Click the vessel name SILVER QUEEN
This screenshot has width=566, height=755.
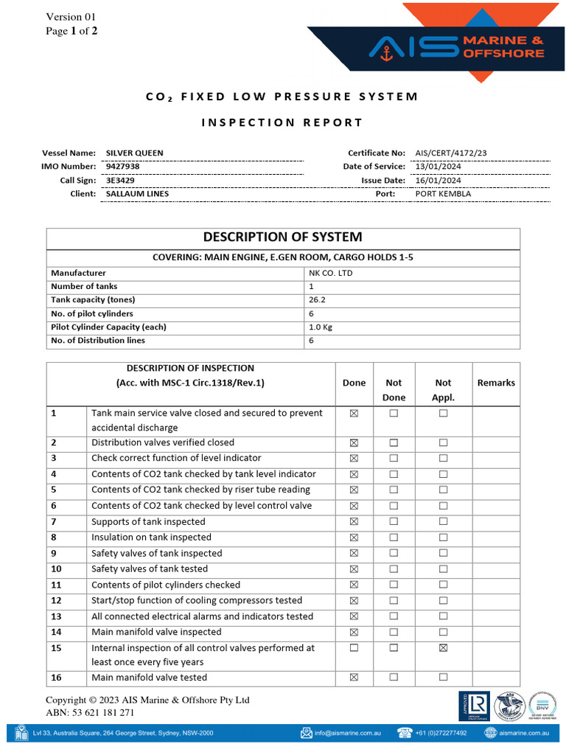135,153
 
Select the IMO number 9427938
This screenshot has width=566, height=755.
123,167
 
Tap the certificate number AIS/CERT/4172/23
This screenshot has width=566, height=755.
451,153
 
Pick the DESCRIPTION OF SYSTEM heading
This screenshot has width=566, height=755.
283,237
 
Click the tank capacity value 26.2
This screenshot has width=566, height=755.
317,300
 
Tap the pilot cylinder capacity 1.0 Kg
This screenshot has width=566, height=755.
321,327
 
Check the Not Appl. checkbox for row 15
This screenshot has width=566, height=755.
443,648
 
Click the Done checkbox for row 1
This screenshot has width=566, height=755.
354,414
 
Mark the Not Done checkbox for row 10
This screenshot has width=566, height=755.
394,569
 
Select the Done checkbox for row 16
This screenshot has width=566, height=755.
354,677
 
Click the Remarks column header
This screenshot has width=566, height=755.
496,383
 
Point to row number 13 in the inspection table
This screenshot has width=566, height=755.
57,616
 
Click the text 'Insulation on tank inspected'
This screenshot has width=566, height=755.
151,537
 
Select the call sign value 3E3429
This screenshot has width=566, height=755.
120,180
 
